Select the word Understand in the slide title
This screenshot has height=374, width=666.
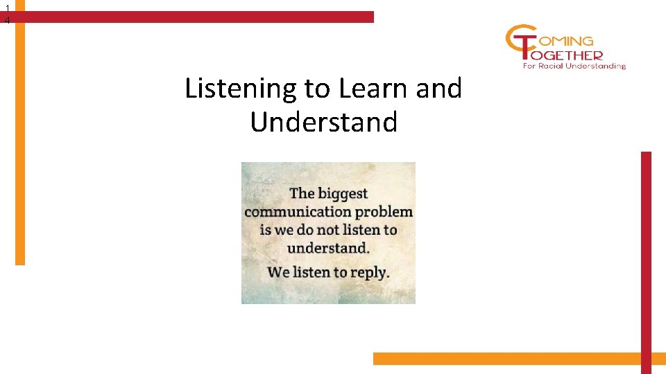coord(323,123)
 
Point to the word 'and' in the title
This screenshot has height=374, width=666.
coord(438,89)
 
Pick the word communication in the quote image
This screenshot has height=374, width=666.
coord(298,212)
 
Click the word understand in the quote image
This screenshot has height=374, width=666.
coord(327,248)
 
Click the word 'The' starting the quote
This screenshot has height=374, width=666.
coord(302,194)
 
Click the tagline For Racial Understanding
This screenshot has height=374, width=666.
coord(574,66)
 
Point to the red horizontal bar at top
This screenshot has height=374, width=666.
coord(194,17)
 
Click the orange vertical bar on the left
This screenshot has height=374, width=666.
coord(20,139)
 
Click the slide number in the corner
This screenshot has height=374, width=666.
coord(7,15)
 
